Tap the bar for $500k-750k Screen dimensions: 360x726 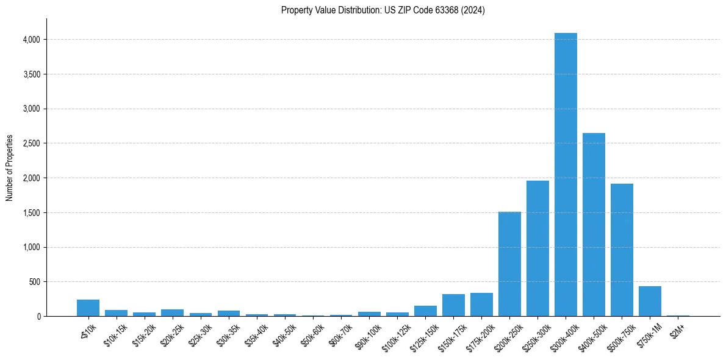pos(622,250)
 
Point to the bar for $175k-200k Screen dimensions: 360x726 pos(481,304)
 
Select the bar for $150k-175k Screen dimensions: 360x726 pos(453,305)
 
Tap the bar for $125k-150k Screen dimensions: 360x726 pos(425,311)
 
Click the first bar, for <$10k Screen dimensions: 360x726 pos(88,308)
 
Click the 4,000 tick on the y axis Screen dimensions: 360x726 pos(32,40)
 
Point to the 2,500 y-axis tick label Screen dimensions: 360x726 pos(32,143)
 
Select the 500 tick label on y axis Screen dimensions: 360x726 pos(35,282)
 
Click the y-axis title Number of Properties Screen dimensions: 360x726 pos(10,167)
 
